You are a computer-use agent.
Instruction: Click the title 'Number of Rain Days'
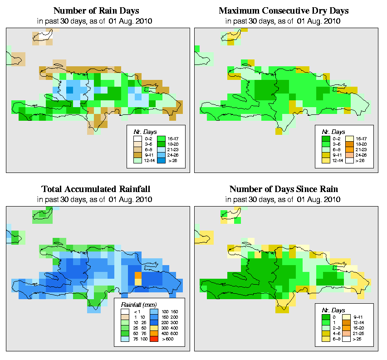click(x=96, y=10)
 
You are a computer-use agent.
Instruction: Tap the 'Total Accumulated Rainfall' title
click(x=96, y=189)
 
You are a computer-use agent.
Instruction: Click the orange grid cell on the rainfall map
click(x=138, y=275)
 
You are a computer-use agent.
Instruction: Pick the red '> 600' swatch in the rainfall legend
click(x=153, y=338)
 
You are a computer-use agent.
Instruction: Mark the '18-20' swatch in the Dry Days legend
click(x=349, y=143)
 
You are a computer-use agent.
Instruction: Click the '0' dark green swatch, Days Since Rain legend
click(x=325, y=317)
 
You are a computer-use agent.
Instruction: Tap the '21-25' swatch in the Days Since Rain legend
click(x=349, y=333)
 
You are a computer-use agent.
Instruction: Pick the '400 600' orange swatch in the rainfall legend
click(x=153, y=333)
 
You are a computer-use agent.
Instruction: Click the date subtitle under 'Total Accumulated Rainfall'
click(x=96, y=199)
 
